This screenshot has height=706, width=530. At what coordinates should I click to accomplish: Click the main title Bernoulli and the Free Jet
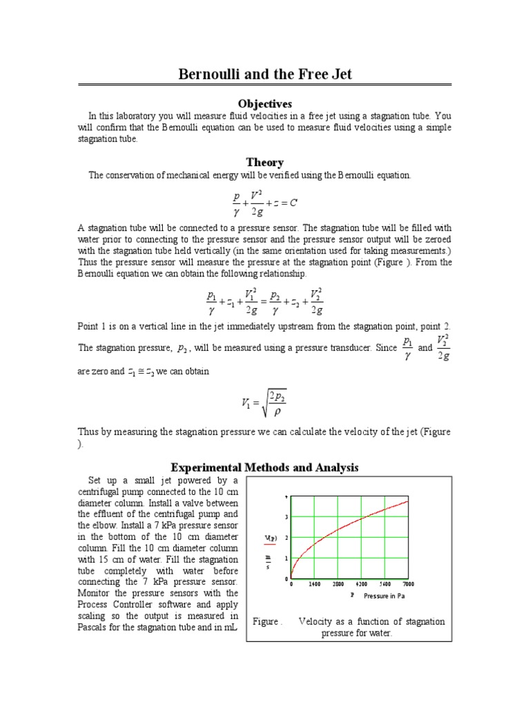click(265, 74)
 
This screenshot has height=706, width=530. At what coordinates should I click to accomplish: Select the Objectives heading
click(265, 103)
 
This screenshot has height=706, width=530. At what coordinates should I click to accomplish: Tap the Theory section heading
click(265, 162)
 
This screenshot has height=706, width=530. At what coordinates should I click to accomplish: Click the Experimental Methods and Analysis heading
click(265, 467)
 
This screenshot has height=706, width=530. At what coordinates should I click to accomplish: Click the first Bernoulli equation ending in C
click(265, 203)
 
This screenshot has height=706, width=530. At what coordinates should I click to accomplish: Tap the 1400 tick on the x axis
click(314, 584)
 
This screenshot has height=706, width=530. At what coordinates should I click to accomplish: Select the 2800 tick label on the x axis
click(337, 584)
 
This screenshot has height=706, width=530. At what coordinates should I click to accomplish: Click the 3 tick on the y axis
click(286, 517)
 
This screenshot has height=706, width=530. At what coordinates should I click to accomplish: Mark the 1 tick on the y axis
click(286, 558)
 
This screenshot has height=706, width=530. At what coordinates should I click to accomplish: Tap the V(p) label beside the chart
click(271, 538)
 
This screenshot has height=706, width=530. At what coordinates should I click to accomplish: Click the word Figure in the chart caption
click(266, 621)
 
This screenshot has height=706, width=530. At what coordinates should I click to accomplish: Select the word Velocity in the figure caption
click(315, 621)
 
